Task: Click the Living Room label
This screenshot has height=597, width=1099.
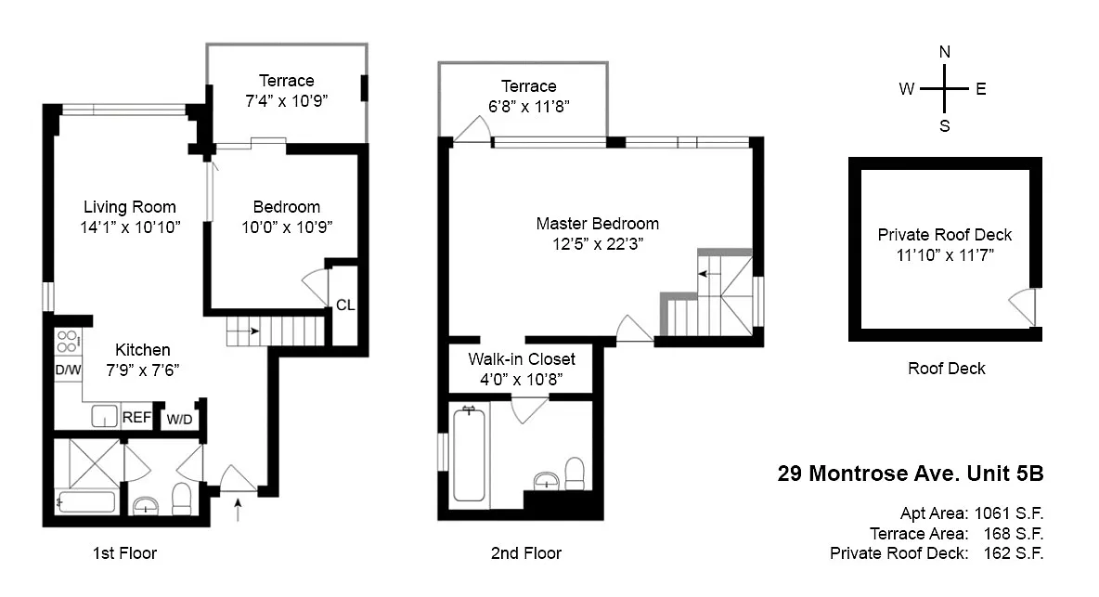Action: click(130, 207)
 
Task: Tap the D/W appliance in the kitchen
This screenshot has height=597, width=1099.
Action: click(68, 370)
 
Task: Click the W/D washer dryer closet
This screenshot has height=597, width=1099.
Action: click(179, 420)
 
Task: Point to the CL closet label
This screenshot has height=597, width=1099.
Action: click(345, 305)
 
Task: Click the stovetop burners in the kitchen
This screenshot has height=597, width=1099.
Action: click(67, 342)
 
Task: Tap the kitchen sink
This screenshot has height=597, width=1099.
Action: click(104, 416)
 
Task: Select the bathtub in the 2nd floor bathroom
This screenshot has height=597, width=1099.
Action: click(469, 454)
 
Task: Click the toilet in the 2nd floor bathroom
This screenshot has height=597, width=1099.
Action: click(575, 474)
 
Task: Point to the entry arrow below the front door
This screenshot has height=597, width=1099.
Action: click(238, 510)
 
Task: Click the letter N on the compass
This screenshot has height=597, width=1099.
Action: click(945, 52)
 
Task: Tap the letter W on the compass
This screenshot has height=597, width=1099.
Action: click(906, 89)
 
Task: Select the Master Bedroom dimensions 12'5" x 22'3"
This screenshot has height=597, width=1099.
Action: click(597, 244)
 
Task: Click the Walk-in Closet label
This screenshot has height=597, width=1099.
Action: click(522, 358)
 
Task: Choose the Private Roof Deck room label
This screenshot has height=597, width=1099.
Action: click(945, 235)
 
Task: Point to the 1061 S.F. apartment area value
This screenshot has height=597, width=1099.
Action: click(1009, 513)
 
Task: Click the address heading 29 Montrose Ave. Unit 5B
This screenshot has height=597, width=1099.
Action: click(911, 474)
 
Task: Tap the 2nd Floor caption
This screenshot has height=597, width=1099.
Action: click(525, 553)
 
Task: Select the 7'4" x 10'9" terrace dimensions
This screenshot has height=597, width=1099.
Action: click(286, 101)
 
